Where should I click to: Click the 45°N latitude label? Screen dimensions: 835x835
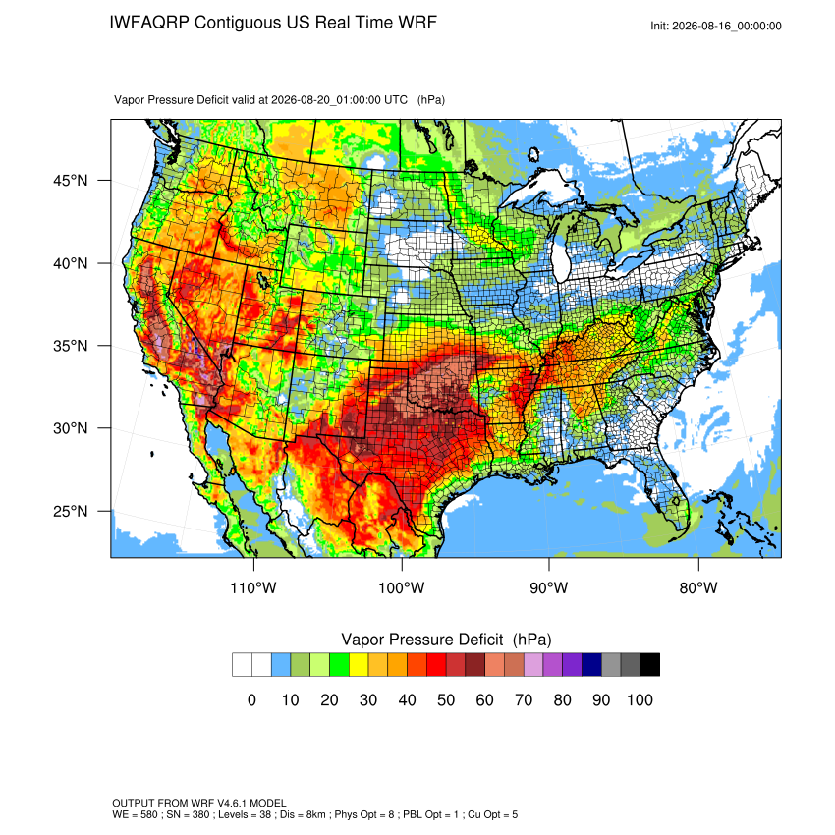pyautogui.click(x=71, y=181)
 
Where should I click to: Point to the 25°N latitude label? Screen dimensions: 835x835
pyautogui.click(x=71, y=511)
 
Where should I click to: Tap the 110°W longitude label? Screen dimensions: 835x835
pyautogui.click(x=253, y=587)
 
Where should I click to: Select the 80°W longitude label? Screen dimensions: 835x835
pyautogui.click(x=698, y=587)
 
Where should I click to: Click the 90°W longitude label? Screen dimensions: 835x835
pyautogui.click(x=548, y=587)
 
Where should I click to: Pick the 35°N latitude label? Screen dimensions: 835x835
pyautogui.click(x=71, y=346)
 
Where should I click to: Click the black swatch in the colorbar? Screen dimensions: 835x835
pyautogui.click(x=650, y=665)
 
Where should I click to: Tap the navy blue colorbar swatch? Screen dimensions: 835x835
pyautogui.click(x=591, y=665)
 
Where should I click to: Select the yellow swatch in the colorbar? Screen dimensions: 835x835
pyautogui.click(x=359, y=665)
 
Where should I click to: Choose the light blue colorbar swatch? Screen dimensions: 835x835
pyautogui.click(x=281, y=665)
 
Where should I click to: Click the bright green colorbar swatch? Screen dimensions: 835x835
pyautogui.click(x=339, y=665)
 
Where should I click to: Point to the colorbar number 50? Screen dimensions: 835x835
pyautogui.click(x=446, y=699)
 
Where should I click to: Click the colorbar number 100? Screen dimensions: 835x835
pyautogui.click(x=640, y=699)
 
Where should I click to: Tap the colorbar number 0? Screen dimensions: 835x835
pyautogui.click(x=251, y=699)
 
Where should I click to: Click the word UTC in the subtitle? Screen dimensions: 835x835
pyautogui.click(x=396, y=100)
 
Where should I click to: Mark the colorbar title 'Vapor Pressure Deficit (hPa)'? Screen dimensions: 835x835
pyautogui.click(x=446, y=640)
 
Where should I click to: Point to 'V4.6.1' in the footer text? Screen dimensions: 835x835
pyautogui.click(x=232, y=803)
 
